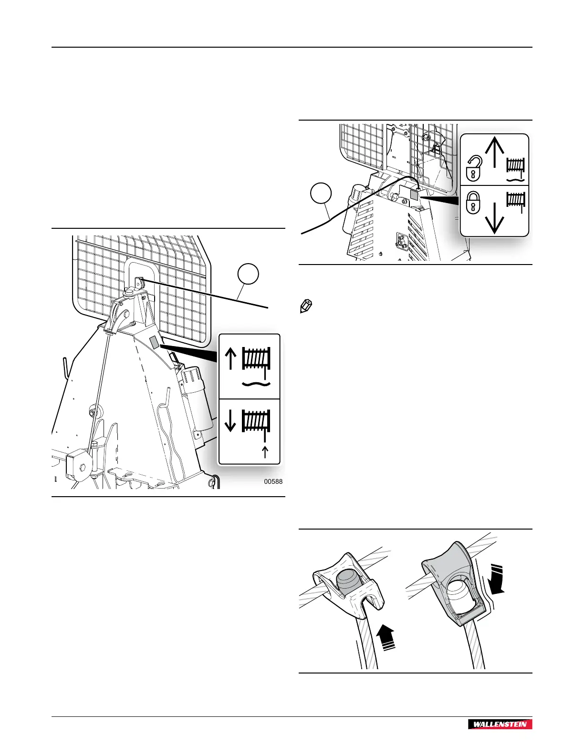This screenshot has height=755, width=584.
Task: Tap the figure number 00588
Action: (273, 481)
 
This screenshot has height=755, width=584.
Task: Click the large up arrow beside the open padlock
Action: (494, 151)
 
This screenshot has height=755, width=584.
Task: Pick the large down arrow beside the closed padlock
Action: (494, 216)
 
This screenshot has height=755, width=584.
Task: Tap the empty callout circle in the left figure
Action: (249, 275)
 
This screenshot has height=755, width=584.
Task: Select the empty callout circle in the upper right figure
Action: (321, 195)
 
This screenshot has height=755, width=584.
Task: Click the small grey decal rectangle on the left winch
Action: (154, 342)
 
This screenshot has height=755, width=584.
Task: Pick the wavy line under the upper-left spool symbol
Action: (256, 383)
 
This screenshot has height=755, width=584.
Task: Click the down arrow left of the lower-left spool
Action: (230, 420)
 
